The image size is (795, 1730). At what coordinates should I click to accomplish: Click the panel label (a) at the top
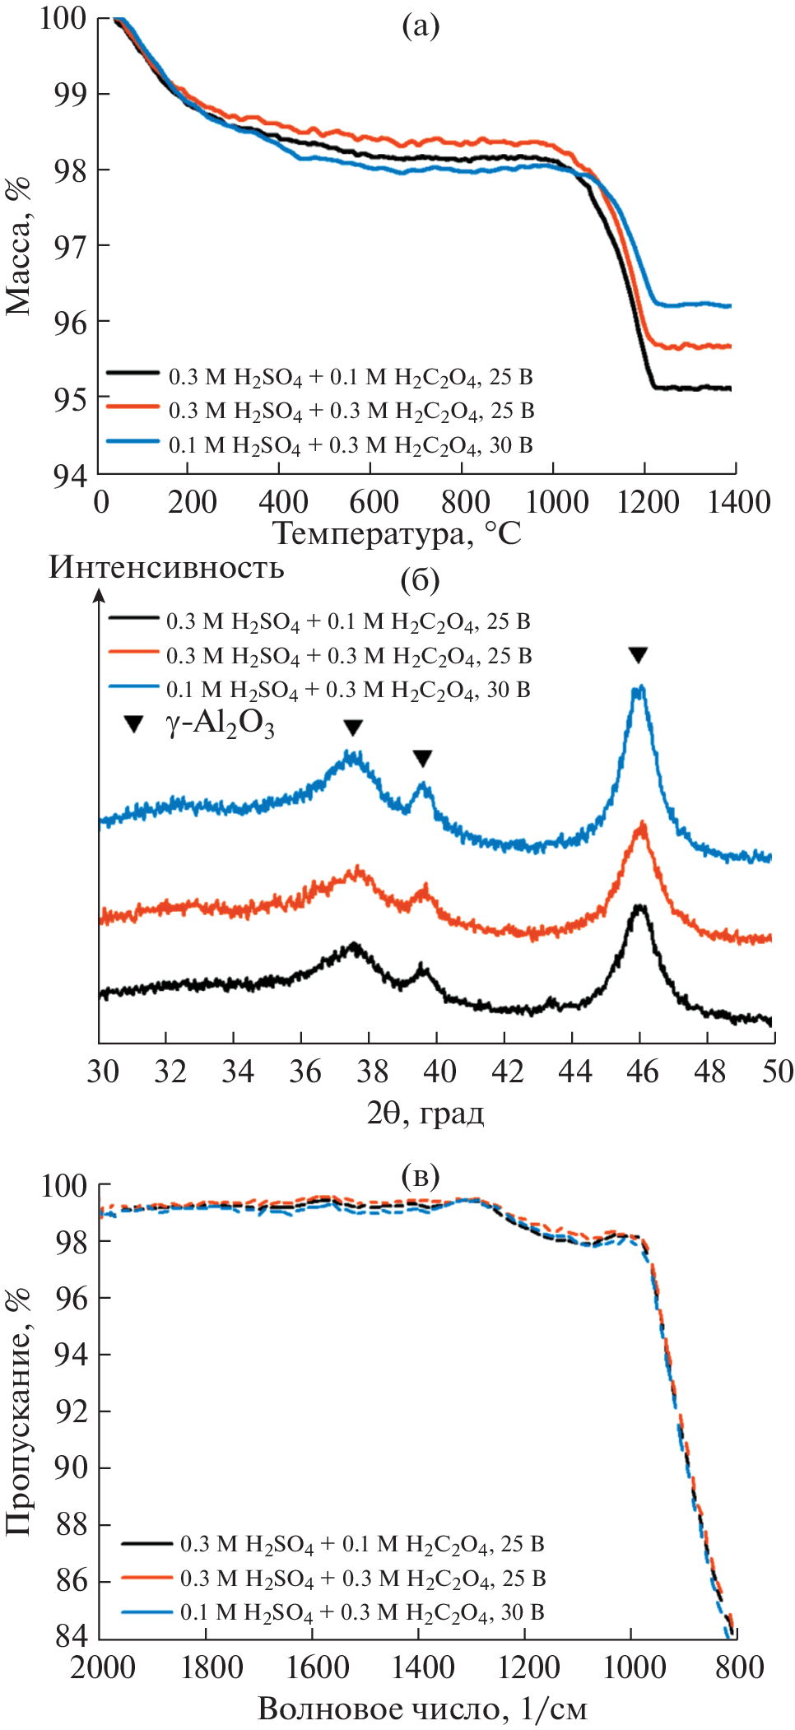click(x=420, y=26)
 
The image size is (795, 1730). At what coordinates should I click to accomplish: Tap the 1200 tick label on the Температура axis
click(x=648, y=501)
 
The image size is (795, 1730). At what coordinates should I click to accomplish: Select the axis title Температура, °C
click(x=397, y=533)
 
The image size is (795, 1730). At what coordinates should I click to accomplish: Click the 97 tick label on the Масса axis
click(x=69, y=246)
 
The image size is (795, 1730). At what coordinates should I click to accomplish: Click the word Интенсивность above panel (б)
click(x=166, y=567)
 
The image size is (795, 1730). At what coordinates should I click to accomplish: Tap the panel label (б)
click(x=420, y=580)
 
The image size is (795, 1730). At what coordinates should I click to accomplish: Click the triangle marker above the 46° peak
click(x=638, y=655)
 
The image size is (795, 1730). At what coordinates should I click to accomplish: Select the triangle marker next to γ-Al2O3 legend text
click(x=133, y=724)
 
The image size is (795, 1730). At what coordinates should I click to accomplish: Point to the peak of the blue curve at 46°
click(x=639, y=690)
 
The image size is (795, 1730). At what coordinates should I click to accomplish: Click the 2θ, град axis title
click(x=425, y=1113)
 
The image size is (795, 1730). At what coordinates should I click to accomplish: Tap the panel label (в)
click(x=420, y=1176)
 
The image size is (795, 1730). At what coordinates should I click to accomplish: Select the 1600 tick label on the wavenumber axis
click(x=317, y=1667)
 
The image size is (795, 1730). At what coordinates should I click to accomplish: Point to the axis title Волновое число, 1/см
click(x=422, y=1709)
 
